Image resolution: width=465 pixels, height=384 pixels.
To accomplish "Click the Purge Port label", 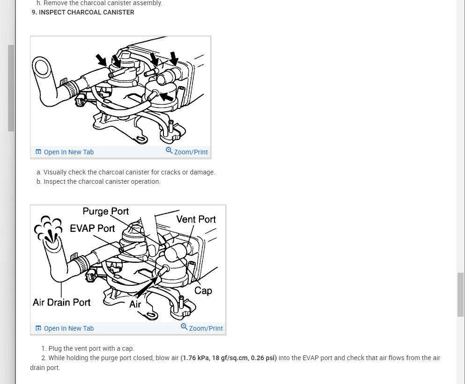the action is (105, 211).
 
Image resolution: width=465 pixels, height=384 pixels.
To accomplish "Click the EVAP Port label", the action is (92, 228).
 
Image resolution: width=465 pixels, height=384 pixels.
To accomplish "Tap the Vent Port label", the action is (196, 219).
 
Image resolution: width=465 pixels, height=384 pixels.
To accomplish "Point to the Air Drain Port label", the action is (62, 302).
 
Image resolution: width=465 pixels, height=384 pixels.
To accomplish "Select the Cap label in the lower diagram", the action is (203, 290).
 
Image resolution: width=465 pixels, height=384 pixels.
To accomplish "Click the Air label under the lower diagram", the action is (135, 304).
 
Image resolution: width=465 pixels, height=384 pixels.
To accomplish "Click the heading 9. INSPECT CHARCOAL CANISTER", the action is (83, 13).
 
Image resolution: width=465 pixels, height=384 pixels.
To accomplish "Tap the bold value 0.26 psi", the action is (263, 358).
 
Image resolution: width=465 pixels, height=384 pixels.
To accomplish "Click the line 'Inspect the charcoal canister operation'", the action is (102, 181).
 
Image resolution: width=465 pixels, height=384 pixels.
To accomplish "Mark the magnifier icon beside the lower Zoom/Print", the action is (184, 326).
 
